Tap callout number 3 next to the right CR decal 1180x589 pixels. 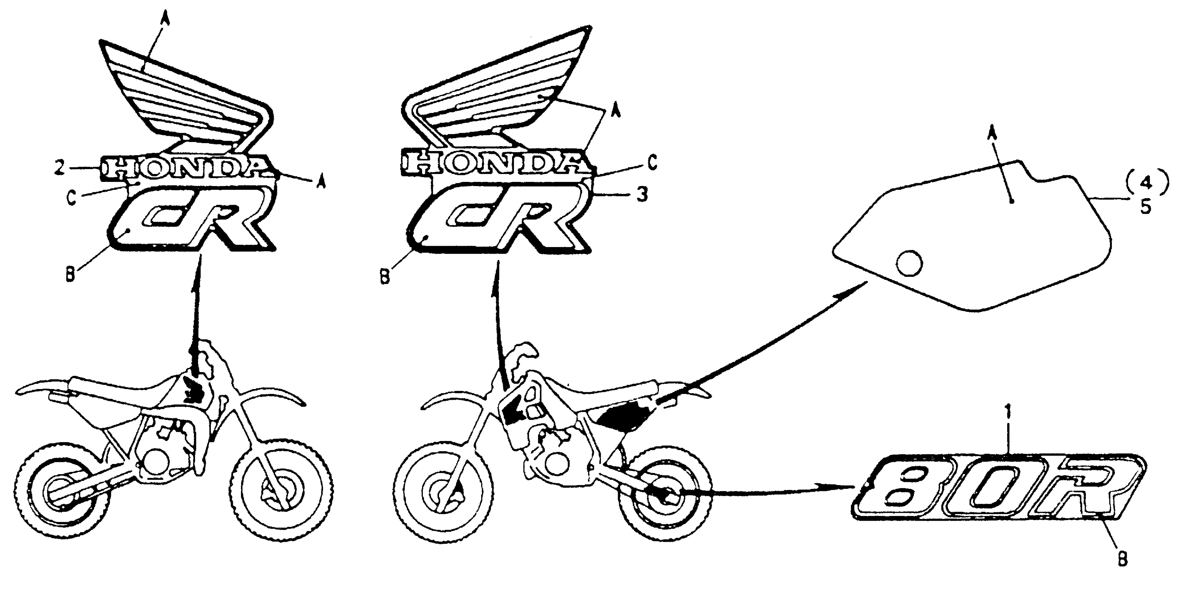[642, 194]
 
